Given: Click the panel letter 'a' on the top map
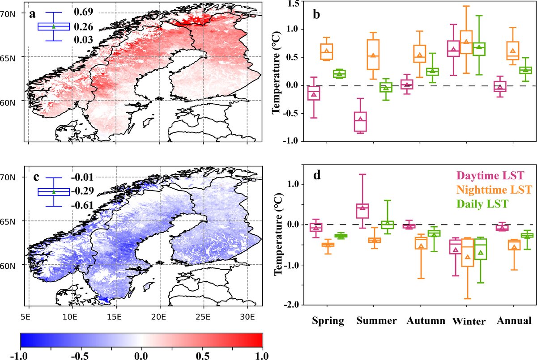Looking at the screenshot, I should (32, 13).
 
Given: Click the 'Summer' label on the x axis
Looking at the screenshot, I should (377, 321).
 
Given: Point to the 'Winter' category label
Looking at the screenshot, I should (469, 322).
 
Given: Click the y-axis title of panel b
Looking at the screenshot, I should (277, 72).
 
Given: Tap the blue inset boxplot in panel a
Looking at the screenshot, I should (54, 26).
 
